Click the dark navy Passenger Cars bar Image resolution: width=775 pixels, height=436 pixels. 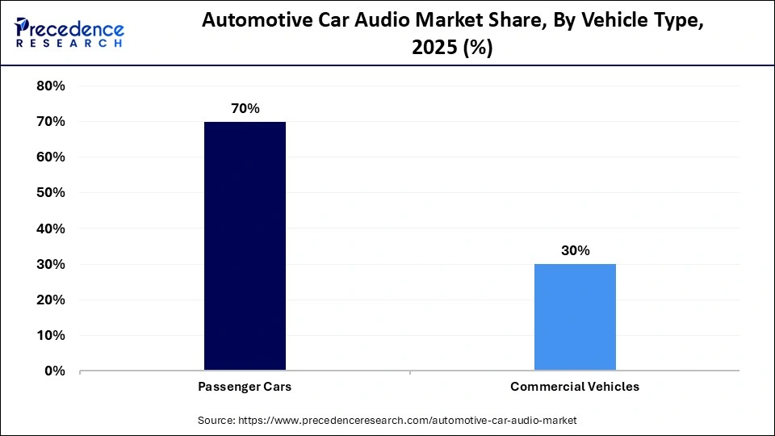(245, 245)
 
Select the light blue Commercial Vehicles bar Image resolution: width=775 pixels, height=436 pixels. (575, 317)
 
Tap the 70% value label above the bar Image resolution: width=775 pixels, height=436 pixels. (245, 108)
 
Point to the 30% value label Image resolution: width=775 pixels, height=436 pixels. (575, 250)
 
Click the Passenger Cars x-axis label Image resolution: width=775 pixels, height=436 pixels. (245, 387)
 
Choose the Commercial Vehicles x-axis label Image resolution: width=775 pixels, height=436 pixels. (575, 387)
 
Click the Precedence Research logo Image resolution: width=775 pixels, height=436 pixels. (69, 32)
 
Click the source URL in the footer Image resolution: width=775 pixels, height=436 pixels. (408, 421)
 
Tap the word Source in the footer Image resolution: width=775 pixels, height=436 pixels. (216, 421)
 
